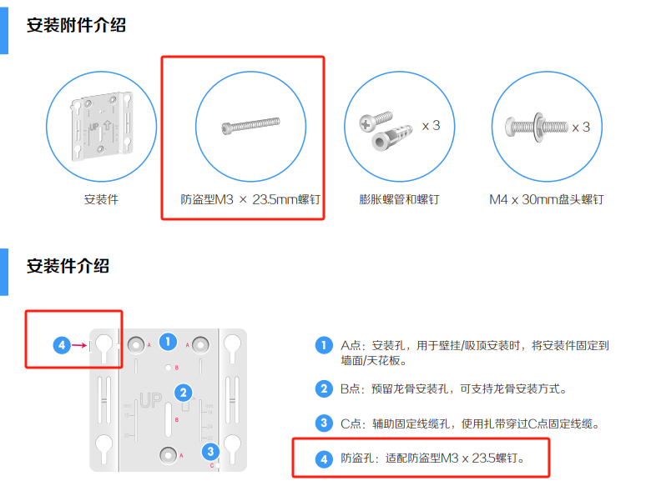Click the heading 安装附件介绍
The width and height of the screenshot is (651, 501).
click(x=76, y=25)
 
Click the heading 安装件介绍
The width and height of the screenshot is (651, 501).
click(x=68, y=266)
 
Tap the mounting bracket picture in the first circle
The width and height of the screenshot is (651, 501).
click(x=102, y=126)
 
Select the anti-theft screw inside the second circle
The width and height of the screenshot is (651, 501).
click(x=250, y=125)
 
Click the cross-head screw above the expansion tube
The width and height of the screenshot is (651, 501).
click(x=376, y=120)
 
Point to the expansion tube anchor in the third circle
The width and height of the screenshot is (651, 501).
click(x=391, y=138)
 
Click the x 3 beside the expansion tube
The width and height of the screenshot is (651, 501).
click(x=431, y=125)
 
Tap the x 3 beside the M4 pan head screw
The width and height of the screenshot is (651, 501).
click(x=581, y=127)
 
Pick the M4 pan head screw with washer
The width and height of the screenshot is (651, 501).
click(x=537, y=127)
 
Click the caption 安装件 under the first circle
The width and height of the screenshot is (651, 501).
click(x=101, y=199)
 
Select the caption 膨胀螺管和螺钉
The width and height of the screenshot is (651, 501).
click(x=399, y=199)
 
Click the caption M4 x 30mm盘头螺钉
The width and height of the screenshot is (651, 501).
click(x=547, y=199)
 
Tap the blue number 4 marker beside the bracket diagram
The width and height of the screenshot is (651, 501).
click(x=62, y=345)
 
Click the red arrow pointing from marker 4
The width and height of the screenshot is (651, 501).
click(x=79, y=345)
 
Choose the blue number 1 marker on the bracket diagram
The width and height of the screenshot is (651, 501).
click(x=168, y=342)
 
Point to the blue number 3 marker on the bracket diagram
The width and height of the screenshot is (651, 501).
click(x=210, y=452)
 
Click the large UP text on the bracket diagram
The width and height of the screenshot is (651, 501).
click(x=151, y=400)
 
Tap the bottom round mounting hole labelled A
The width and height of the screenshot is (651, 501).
click(x=168, y=455)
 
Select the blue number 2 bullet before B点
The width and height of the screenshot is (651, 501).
click(x=324, y=389)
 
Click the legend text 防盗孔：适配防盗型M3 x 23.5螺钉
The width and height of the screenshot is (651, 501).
click(x=431, y=458)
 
